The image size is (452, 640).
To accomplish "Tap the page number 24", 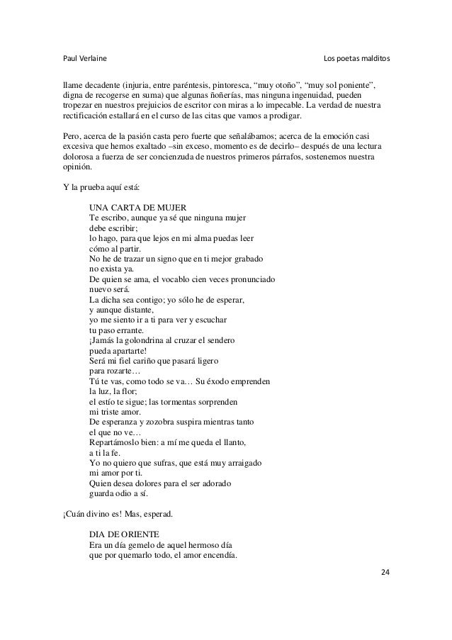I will (x=385, y=572).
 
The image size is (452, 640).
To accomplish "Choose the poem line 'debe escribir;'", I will (x=113, y=228).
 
